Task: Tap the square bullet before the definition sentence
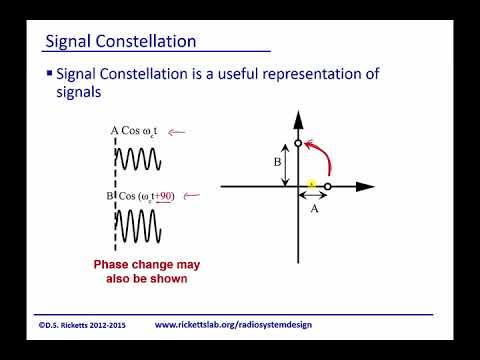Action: click(x=50, y=75)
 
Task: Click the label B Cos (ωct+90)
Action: click(x=141, y=196)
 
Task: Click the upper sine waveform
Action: click(x=141, y=160)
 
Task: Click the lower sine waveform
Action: click(x=141, y=226)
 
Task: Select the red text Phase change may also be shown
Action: click(x=140, y=271)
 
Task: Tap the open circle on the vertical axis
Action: click(x=297, y=144)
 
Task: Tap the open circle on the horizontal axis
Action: click(x=328, y=187)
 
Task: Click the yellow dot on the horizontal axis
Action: click(x=312, y=185)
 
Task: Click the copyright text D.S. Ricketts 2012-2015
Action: click(x=83, y=325)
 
